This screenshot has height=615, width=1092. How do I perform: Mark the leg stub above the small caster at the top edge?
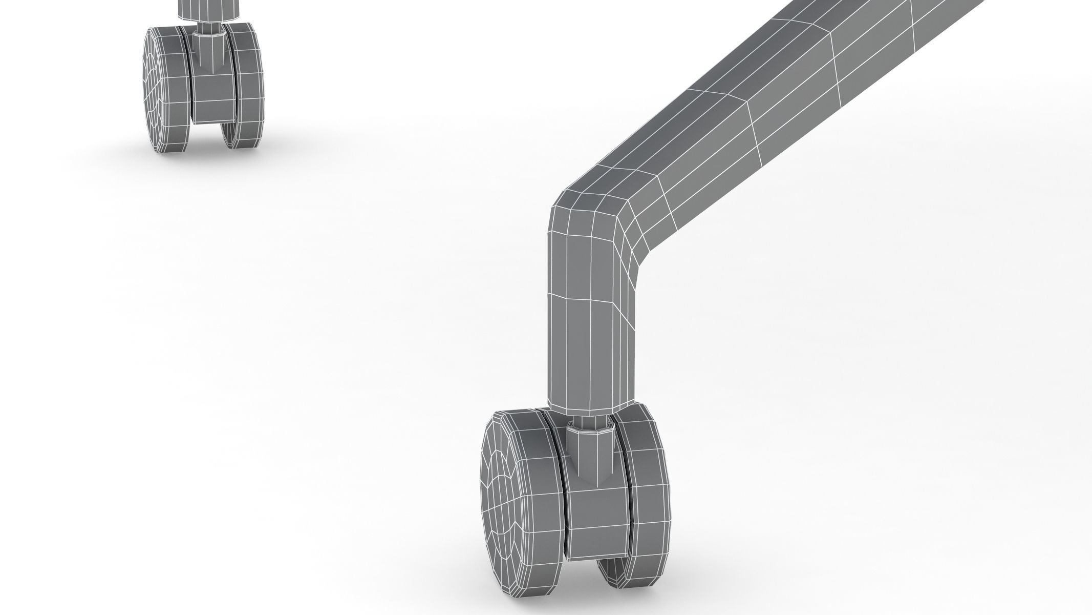[207, 7]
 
